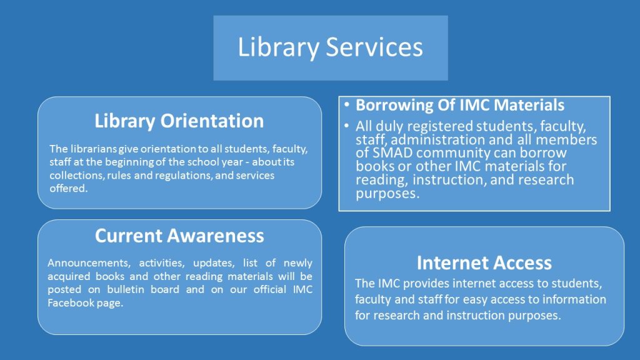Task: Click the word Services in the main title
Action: point(374,46)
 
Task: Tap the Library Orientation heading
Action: point(179,121)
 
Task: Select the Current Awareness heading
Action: point(179,236)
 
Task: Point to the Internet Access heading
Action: point(484,263)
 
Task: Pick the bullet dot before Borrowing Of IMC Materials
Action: point(346,104)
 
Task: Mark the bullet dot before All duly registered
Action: point(346,125)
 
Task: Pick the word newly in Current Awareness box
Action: point(298,263)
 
